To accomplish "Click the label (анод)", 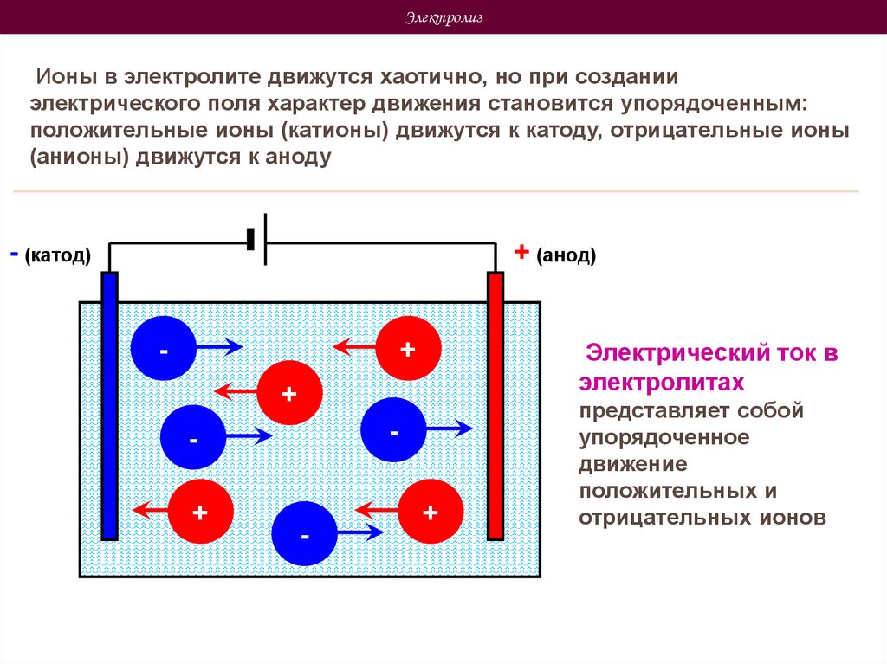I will pyautogui.click(x=566, y=256).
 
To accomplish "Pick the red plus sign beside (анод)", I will pyautogui.click(x=521, y=252).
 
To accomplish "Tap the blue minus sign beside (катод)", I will pyautogui.click(x=14, y=255).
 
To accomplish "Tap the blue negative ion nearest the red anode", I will pyautogui.click(x=393, y=429).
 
